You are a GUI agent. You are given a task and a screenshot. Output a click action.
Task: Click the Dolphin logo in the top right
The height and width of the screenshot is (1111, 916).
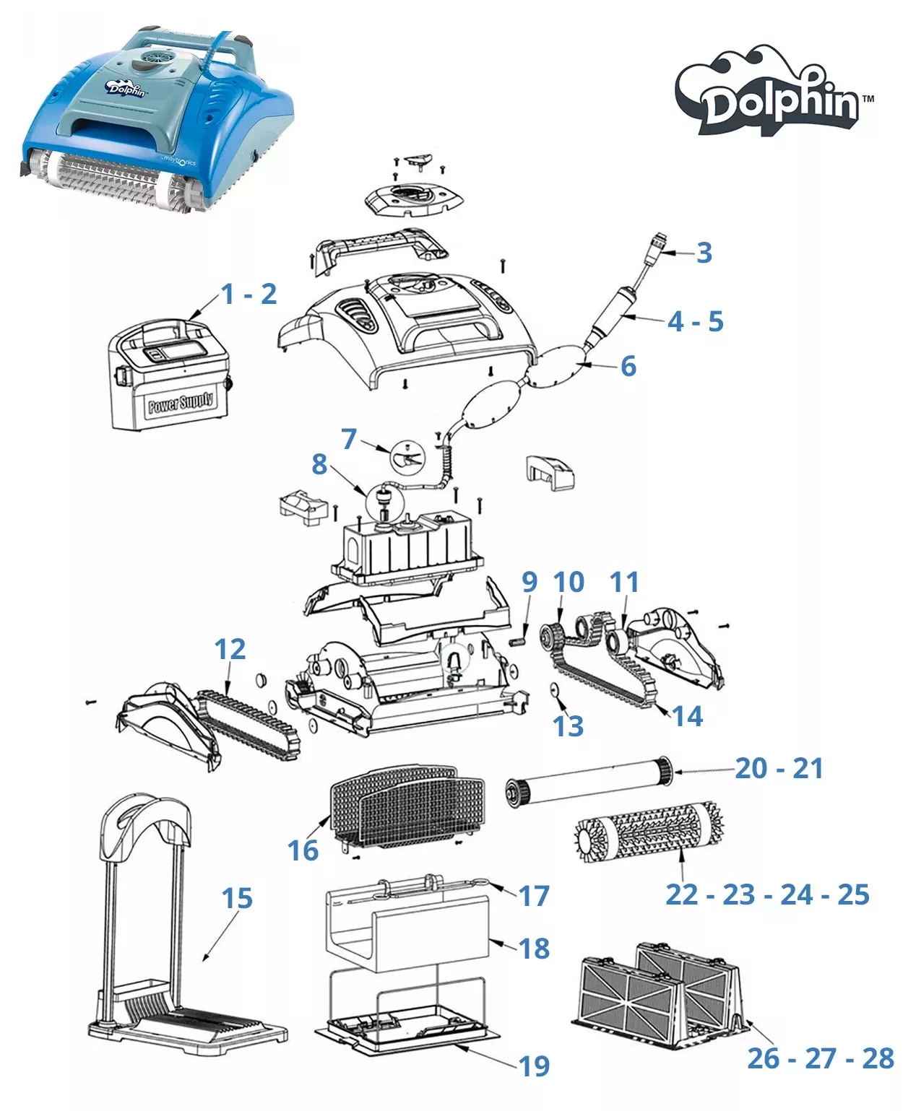(775, 94)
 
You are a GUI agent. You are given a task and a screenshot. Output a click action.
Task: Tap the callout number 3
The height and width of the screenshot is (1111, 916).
(704, 253)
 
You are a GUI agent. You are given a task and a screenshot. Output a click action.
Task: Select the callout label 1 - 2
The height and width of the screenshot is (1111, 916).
(249, 294)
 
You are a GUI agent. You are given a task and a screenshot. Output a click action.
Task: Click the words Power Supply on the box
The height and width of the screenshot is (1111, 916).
(181, 401)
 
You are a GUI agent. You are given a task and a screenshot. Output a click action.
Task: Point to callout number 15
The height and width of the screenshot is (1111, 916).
(237, 899)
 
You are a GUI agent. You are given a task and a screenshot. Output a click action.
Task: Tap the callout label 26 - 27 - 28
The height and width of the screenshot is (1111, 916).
(821, 1058)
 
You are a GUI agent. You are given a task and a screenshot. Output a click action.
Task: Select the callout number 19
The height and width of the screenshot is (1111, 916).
(535, 1066)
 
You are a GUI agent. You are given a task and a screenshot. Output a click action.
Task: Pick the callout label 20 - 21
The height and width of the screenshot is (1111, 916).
(779, 769)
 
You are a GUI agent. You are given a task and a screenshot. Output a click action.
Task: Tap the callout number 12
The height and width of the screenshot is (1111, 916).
(230, 650)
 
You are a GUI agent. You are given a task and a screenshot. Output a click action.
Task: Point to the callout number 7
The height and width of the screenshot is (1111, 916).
(349, 438)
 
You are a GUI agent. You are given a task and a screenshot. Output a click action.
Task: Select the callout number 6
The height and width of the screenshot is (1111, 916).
(628, 366)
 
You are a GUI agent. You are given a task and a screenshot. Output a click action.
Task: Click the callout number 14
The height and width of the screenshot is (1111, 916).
(687, 716)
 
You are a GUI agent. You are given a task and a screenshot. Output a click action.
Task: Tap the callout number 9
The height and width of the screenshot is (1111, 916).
(530, 582)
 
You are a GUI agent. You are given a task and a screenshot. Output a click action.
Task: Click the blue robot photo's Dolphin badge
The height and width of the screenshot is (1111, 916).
(127, 89)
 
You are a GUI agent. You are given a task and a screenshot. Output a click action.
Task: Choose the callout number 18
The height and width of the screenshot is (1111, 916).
(535, 949)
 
